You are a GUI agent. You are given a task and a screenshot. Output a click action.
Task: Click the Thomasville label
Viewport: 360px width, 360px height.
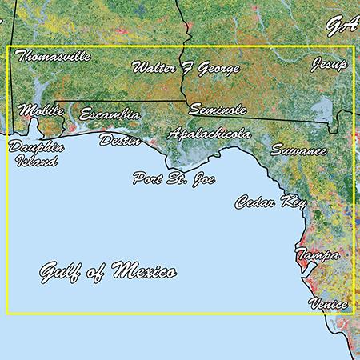point(53,57)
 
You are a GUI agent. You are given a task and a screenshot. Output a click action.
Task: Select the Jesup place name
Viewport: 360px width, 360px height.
point(330,63)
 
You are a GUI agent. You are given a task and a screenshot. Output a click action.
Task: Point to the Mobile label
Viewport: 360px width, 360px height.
point(40,110)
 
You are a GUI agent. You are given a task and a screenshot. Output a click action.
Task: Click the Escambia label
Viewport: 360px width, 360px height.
point(110,115)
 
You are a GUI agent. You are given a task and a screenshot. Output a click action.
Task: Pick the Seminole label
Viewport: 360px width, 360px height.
point(217,110)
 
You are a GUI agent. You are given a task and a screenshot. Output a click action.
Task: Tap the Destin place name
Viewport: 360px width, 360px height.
point(120,141)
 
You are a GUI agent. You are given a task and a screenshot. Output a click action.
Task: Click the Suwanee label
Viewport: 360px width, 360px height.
point(298,150)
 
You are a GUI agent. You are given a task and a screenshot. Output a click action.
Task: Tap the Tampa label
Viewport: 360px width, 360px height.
point(317,255)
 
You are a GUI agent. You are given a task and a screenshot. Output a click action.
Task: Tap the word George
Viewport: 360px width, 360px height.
point(217,69)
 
